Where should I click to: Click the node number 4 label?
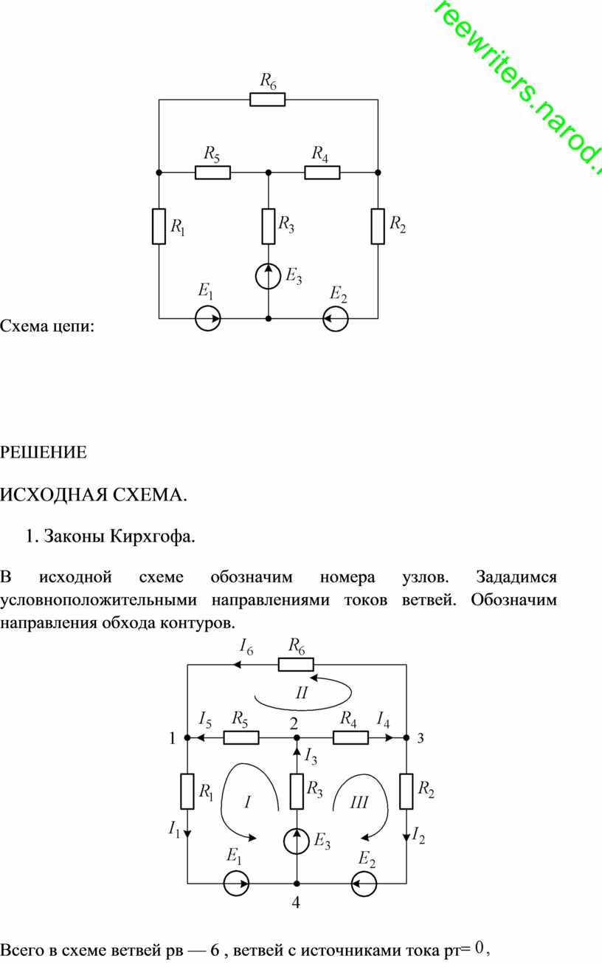point(296,902)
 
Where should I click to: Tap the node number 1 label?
point(173,738)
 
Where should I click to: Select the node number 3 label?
point(421,738)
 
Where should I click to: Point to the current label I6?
point(246,647)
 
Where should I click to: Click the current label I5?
point(205,720)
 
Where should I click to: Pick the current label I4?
point(383,720)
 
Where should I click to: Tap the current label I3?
point(311,756)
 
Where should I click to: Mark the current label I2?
point(418,836)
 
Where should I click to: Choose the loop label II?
point(302,692)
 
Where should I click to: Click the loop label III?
point(359,802)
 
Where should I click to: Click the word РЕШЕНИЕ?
point(44,452)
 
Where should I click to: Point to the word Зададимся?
point(516,577)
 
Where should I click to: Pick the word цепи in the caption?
point(73,327)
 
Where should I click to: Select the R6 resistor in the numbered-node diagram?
point(296,664)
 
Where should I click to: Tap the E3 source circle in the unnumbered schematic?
point(269,276)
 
